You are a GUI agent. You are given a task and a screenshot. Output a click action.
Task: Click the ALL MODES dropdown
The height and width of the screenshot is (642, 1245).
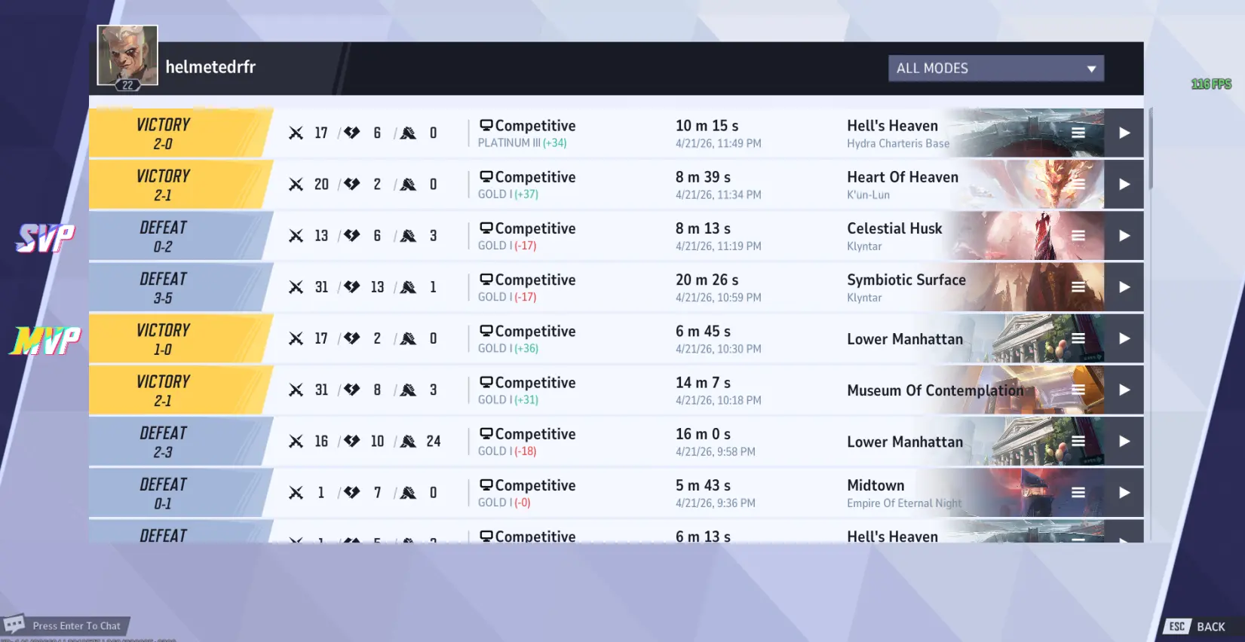pos(995,69)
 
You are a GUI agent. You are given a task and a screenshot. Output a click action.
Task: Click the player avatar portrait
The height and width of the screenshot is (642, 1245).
pos(127,56)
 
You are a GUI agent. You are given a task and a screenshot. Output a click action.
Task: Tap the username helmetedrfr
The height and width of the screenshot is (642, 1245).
pos(210,67)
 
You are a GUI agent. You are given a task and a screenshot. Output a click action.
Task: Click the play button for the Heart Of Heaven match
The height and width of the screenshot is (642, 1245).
pos(1124,185)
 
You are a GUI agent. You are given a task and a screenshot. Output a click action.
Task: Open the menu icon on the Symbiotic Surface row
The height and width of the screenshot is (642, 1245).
pos(1078,287)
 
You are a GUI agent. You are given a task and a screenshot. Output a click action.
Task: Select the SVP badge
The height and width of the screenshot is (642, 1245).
pos(46,238)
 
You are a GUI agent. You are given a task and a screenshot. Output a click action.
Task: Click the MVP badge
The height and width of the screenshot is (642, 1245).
pos(46,341)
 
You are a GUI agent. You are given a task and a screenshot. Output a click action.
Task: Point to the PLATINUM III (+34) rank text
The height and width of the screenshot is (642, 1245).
pos(522,143)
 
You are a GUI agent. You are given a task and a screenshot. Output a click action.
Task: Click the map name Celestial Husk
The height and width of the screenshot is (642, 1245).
pos(894,228)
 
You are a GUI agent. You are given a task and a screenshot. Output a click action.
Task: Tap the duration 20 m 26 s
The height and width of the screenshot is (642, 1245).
pos(707,280)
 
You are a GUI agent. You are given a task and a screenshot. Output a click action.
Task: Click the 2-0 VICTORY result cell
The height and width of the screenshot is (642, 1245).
pos(164,133)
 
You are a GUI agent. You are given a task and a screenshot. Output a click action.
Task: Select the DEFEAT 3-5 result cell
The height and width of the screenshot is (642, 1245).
pos(164,288)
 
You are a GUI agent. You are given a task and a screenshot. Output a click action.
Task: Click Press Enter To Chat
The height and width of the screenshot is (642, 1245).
pos(75,626)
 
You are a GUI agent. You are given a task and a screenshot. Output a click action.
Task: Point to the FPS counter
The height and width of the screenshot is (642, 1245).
pos(1211,84)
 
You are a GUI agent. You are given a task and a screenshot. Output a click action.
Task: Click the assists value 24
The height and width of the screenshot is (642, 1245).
pos(433,442)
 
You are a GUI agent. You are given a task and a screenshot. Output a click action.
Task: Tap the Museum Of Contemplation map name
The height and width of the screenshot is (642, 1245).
pos(935,390)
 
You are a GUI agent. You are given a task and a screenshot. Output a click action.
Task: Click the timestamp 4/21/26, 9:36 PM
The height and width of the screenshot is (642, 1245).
pos(715,503)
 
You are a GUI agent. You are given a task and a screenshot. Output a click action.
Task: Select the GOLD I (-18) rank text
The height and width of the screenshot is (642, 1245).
pos(507,451)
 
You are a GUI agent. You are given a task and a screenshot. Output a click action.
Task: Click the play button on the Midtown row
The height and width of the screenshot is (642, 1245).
pos(1124,493)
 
